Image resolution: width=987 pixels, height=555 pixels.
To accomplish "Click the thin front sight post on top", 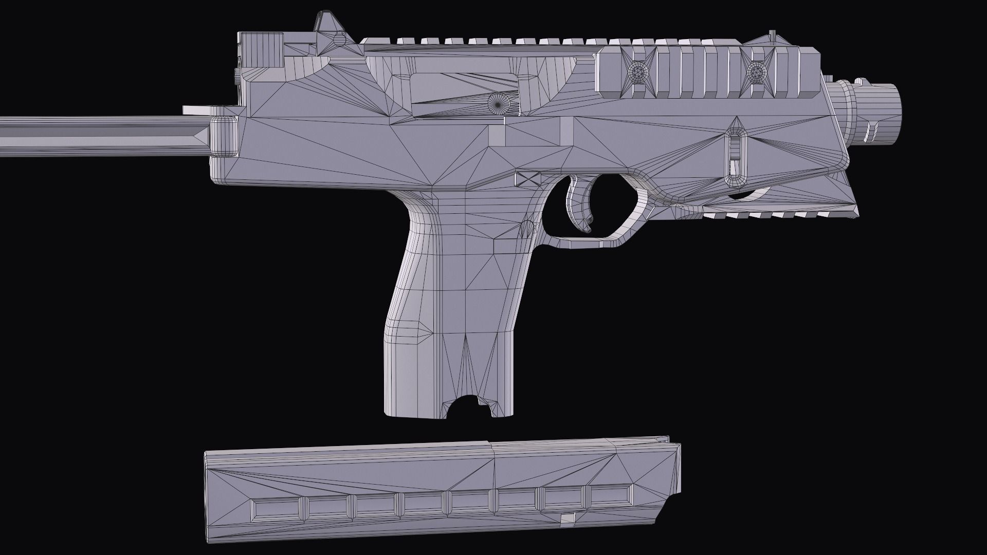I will pyautogui.click(x=772, y=35).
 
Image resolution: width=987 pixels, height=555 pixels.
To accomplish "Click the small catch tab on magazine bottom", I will pyautogui.click(x=567, y=521).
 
